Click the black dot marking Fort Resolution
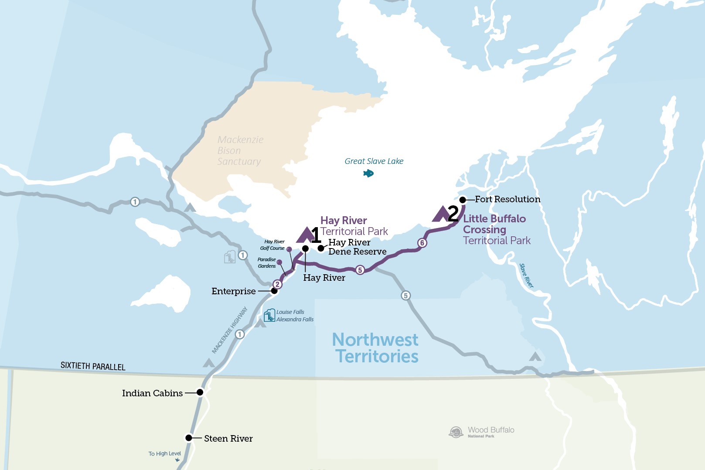[x=463, y=200]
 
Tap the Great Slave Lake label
[x=374, y=161]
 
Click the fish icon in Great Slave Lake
[x=368, y=174]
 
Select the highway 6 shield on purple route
[x=422, y=243]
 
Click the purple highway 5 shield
[x=360, y=270]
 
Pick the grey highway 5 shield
[x=405, y=296]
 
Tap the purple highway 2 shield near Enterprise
[x=277, y=284]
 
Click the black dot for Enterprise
[x=274, y=291]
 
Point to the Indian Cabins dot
[x=200, y=392]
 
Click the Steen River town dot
[x=189, y=438]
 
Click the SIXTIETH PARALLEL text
[x=93, y=366]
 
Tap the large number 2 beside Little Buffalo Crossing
[x=453, y=214]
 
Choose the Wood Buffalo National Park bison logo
[x=456, y=432]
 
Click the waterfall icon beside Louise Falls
[x=269, y=315]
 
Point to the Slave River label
[x=526, y=276]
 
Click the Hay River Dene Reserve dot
[x=321, y=248]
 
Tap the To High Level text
[x=164, y=453]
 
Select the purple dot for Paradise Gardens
[x=279, y=262]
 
